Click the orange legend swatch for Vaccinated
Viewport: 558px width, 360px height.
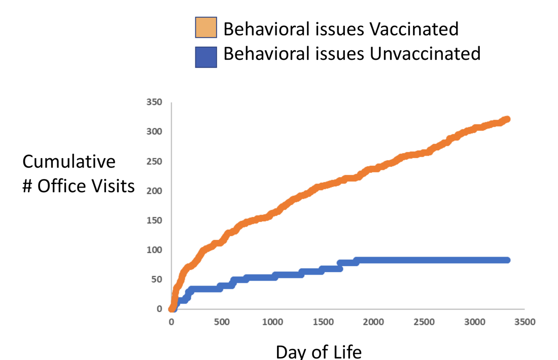coord(206,28)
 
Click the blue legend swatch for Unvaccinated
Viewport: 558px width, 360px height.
coord(206,57)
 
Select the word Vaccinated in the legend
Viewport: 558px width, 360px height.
coord(414,29)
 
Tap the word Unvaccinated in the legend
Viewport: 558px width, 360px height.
coord(425,53)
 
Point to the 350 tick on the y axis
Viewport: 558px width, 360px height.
coord(154,102)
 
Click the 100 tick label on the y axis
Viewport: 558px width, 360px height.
coord(154,249)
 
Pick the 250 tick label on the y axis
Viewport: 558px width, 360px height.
coord(154,161)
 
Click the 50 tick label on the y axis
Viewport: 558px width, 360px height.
coord(156,279)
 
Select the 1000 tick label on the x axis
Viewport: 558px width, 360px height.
coord(272,322)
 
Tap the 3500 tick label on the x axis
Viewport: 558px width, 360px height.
coord(525,322)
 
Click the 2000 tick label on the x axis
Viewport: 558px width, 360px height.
coord(373,322)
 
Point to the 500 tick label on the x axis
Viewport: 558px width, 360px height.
coord(222,322)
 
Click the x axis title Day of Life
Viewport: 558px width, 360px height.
coord(319,351)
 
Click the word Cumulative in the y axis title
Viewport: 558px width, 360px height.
coord(69,162)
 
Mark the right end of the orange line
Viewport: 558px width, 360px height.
coord(506,119)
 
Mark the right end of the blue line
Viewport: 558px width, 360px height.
coord(506,260)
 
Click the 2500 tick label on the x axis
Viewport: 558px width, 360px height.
coord(424,322)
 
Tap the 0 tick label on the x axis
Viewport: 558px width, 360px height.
coord(171,322)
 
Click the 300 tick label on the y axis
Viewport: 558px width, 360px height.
coord(154,131)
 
